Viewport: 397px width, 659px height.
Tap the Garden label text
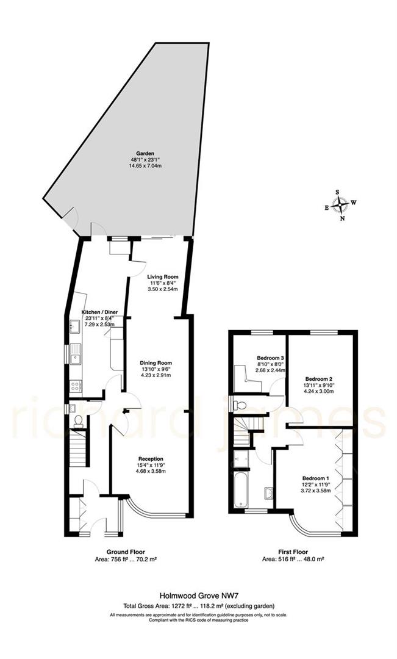tap(145, 153)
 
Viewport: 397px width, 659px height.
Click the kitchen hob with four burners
tap(76, 386)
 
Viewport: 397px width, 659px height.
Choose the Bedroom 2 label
tap(318, 378)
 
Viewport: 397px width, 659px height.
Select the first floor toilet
tap(240, 404)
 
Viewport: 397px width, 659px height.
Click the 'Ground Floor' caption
tap(126, 551)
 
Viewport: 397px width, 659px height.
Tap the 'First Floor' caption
tap(293, 551)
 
